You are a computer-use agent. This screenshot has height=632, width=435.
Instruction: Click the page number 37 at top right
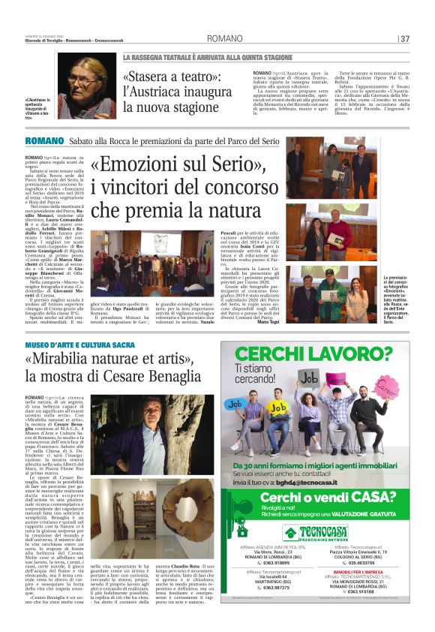[405, 38]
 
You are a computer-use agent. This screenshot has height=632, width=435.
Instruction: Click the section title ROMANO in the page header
[224, 38]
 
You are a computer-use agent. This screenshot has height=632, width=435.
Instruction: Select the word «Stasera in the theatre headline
[150, 77]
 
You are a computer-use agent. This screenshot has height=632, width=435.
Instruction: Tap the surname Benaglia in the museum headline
[172, 377]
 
